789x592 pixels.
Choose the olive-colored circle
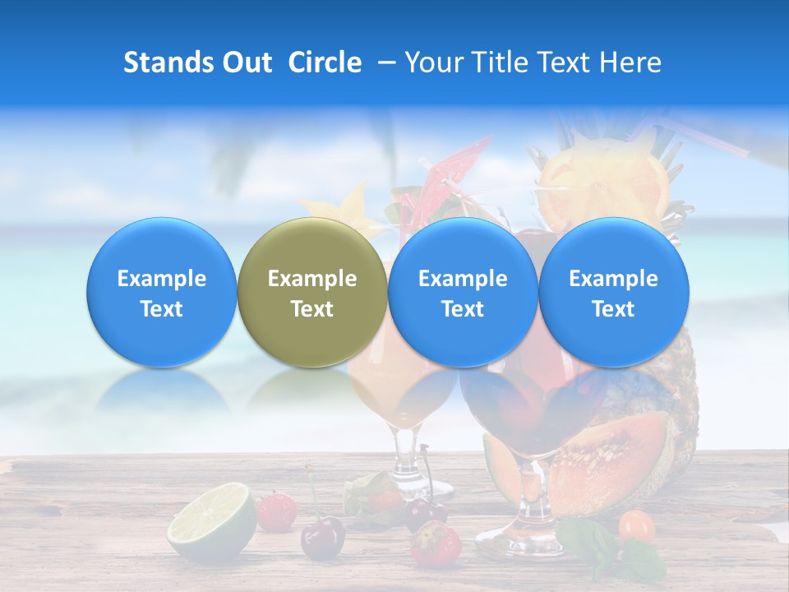pyautogui.click(x=312, y=293)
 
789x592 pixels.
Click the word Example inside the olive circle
pyautogui.click(x=312, y=279)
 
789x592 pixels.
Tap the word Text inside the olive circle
pyautogui.click(x=312, y=309)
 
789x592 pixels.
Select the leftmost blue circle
pyautogui.click(x=162, y=293)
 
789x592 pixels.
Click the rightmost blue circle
pyautogui.click(x=614, y=293)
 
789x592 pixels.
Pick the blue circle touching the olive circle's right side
pyautogui.click(x=463, y=293)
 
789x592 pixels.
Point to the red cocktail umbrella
pyautogui.click(x=457, y=164)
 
